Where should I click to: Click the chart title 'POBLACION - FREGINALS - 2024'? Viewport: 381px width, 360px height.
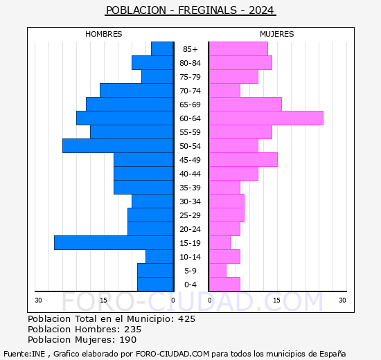tap(190, 10)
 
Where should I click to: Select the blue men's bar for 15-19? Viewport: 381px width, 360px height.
tap(114, 242)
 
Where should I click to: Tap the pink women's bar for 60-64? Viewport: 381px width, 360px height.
tap(265, 118)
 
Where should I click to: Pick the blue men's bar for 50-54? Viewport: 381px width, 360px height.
tap(118, 145)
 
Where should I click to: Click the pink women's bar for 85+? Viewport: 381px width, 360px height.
tap(238, 48)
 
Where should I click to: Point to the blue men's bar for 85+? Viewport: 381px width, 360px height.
tap(162, 48)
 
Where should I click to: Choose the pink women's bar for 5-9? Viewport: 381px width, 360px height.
tap(217, 270)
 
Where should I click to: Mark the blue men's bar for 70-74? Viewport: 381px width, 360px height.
tap(136, 90)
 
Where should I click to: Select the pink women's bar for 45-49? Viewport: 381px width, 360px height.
tap(242, 159)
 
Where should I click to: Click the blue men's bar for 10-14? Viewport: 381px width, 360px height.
tap(159, 256)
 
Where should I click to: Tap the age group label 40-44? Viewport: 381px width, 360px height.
tap(190, 174)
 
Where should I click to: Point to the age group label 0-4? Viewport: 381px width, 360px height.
tap(190, 285)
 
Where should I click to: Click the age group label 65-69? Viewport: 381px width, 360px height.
tap(190, 105)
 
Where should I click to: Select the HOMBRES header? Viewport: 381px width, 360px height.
tap(104, 34)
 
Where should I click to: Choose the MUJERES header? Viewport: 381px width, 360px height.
tap(276, 34)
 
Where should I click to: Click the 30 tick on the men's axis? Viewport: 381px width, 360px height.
tap(39, 300)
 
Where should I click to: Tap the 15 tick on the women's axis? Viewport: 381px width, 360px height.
tap(276, 300)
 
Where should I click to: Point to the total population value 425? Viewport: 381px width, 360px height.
tap(186, 319)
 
